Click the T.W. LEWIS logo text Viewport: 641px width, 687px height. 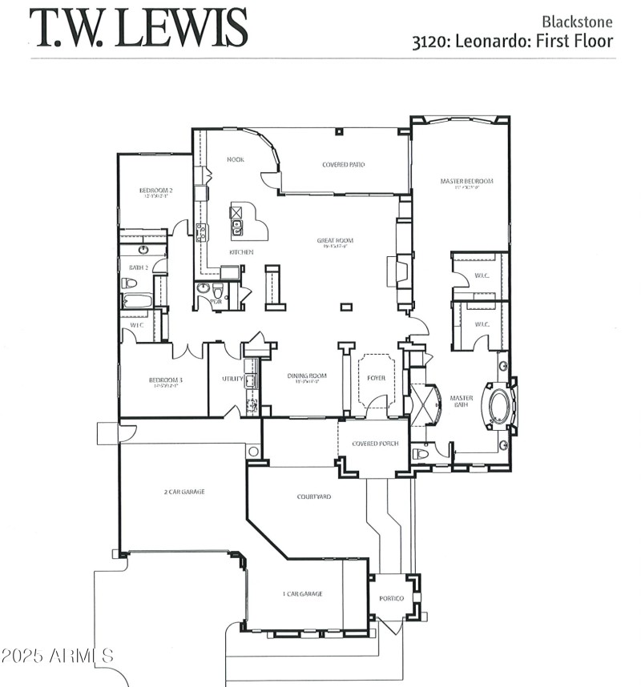coord(139,28)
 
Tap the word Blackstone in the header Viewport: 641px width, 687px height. coord(578,22)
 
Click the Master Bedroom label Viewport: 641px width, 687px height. coord(466,182)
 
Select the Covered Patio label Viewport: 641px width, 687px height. coord(344,164)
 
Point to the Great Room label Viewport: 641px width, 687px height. coord(334,240)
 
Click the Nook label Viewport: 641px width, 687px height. coord(235,159)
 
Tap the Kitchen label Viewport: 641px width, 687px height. coord(241,252)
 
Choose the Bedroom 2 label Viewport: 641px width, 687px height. coord(155,191)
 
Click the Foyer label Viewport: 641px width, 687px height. coord(377,378)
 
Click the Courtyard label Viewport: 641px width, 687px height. coord(314,496)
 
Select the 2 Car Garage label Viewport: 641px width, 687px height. coord(183,492)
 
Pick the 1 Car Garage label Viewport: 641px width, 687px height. coord(303,593)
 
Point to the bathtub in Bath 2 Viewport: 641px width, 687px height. coord(138,301)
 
